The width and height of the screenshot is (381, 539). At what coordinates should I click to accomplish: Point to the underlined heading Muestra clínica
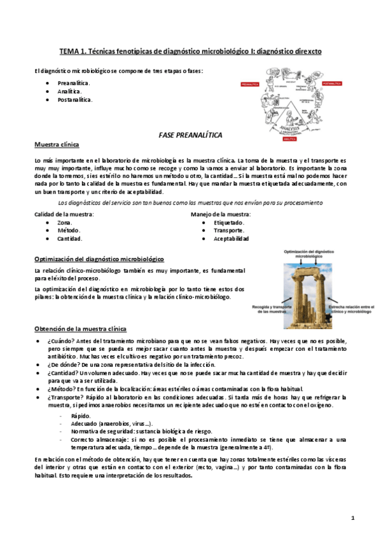tap(57, 146)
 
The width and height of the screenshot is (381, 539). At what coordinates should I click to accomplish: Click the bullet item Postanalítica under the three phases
tap(74, 100)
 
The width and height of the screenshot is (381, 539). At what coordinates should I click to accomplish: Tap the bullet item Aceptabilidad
tap(232, 239)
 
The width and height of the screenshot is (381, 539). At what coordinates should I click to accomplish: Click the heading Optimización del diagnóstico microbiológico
tap(99, 260)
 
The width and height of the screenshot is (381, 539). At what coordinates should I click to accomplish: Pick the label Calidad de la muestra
tap(64, 214)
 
